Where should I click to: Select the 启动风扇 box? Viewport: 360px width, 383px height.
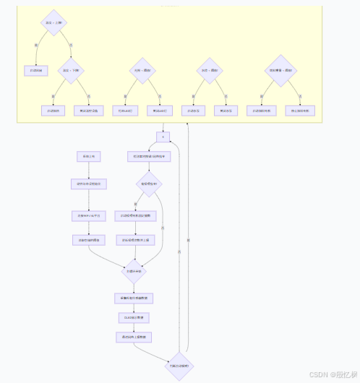tap(34, 70)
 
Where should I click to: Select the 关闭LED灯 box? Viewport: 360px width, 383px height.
tap(160, 111)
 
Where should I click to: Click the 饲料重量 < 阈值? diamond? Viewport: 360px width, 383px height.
tap(280, 70)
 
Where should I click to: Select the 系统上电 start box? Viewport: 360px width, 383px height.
tap(88, 156)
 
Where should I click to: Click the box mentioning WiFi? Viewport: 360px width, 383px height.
tap(88, 215)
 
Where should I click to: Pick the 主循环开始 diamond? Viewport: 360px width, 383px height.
tap(134, 271)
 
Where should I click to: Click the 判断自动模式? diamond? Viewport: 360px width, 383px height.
tap(179, 366)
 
